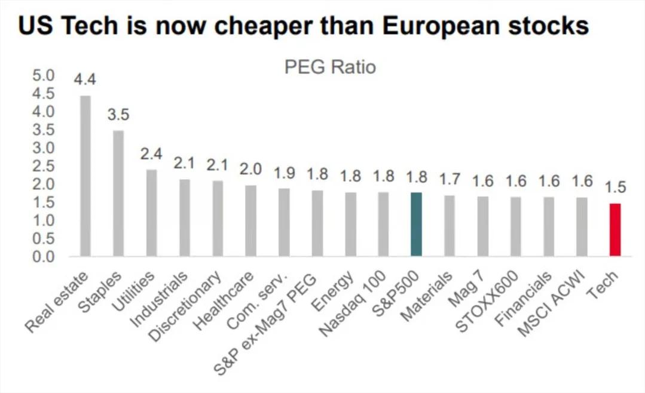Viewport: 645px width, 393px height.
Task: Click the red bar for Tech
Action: [x=615, y=230]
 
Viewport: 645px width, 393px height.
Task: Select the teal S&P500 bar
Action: [x=417, y=225]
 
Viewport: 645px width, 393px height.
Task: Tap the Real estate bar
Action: [x=85, y=176]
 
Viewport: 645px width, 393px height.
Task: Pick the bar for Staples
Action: [x=119, y=194]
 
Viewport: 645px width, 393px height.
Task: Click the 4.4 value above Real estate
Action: [x=85, y=79]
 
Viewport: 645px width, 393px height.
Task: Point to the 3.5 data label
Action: [x=119, y=114]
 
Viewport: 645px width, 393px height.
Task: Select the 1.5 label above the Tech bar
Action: [x=615, y=188]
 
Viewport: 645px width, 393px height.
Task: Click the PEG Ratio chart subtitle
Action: [x=330, y=67]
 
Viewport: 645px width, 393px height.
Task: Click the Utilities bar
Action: [x=152, y=213]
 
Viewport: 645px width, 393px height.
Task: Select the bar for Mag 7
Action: [x=482, y=227]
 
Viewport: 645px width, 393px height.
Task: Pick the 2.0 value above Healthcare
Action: [x=251, y=169]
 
